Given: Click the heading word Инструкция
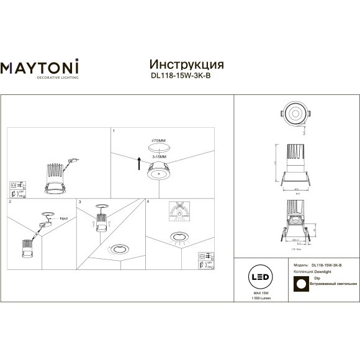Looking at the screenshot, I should point(187,65).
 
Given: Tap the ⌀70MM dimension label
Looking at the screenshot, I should point(159,141).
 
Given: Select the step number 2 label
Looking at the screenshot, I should point(10,202).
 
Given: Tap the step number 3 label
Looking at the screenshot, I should point(80,202).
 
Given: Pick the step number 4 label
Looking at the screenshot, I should point(148,202).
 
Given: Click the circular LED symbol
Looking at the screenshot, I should point(260,277).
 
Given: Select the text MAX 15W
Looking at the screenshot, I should point(260,292).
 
